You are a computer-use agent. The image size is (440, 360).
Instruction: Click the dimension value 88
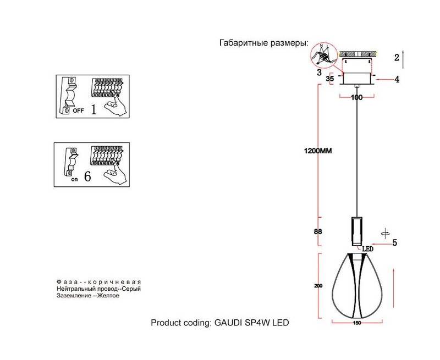point(317,231)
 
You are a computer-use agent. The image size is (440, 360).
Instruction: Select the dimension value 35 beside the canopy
point(330,79)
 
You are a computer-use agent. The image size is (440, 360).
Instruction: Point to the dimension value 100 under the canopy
point(357,97)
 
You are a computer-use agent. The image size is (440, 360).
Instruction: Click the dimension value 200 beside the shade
point(317,286)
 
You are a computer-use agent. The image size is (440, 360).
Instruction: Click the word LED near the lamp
point(367,249)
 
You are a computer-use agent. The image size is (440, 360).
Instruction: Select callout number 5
point(394,242)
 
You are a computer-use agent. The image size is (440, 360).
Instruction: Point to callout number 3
point(318,72)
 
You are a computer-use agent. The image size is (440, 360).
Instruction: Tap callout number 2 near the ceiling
point(396,57)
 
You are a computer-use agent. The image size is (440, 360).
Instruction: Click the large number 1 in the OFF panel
point(94,109)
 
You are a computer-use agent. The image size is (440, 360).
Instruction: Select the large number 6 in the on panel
point(88,178)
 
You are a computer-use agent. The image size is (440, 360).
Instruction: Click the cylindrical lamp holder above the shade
point(356,231)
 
